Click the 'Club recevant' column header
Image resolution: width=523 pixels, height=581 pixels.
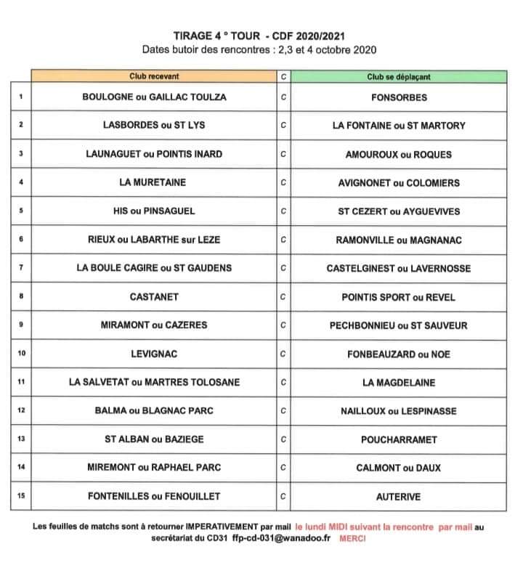coord(154,76)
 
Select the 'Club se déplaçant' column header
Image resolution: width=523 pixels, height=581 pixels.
coord(398,76)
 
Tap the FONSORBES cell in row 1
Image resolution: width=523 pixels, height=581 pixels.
coord(398,97)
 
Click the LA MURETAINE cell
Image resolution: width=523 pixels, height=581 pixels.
coord(153,182)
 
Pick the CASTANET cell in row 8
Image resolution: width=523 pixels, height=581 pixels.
coord(153,296)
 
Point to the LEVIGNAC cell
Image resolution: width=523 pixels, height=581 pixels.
coord(153,354)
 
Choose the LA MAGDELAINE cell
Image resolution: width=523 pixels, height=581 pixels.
coord(398,382)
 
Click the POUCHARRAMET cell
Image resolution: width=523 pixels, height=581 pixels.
coord(398,439)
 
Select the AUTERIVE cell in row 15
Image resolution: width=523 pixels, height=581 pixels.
coord(398,497)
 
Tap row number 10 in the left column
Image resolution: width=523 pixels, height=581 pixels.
coord(21,354)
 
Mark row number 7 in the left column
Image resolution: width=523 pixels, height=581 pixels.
coord(21,268)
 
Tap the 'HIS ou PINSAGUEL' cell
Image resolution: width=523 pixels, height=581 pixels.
coord(153,211)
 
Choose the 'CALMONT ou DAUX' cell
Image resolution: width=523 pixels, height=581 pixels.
coord(398,468)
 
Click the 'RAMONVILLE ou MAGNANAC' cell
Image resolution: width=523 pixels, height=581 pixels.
coord(398,240)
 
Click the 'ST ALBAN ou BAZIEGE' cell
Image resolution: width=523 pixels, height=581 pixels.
coord(153,439)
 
